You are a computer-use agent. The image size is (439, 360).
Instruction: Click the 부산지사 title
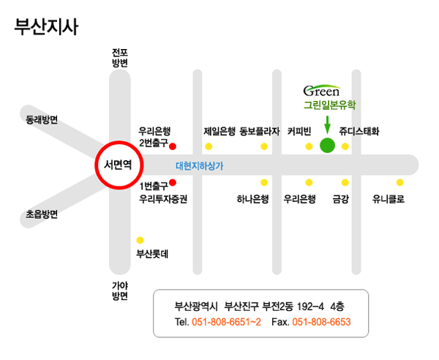coord(45,27)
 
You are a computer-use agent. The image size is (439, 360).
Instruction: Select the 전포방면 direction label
coord(120,58)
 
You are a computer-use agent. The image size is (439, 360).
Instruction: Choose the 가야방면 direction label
coord(120,290)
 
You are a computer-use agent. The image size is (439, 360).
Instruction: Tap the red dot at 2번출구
coord(173,146)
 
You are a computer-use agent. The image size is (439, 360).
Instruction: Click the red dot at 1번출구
coord(173,182)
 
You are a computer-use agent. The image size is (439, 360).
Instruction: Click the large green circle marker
coord(327,145)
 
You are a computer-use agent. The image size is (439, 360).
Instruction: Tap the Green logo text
coord(321,91)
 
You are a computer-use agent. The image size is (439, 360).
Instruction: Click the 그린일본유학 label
coord(329,105)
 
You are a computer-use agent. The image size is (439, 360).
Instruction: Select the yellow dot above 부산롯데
coord(140,240)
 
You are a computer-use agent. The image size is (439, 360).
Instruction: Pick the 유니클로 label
coord(388,198)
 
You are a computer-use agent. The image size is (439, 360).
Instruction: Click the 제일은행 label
coord(219,132)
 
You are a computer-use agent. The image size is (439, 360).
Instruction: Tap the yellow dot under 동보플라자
coord(264,146)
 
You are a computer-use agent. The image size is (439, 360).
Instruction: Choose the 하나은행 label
coord(253,198)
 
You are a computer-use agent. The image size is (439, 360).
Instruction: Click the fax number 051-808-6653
coord(321,322)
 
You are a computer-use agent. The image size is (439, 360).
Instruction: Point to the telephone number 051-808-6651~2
coord(226,322)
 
